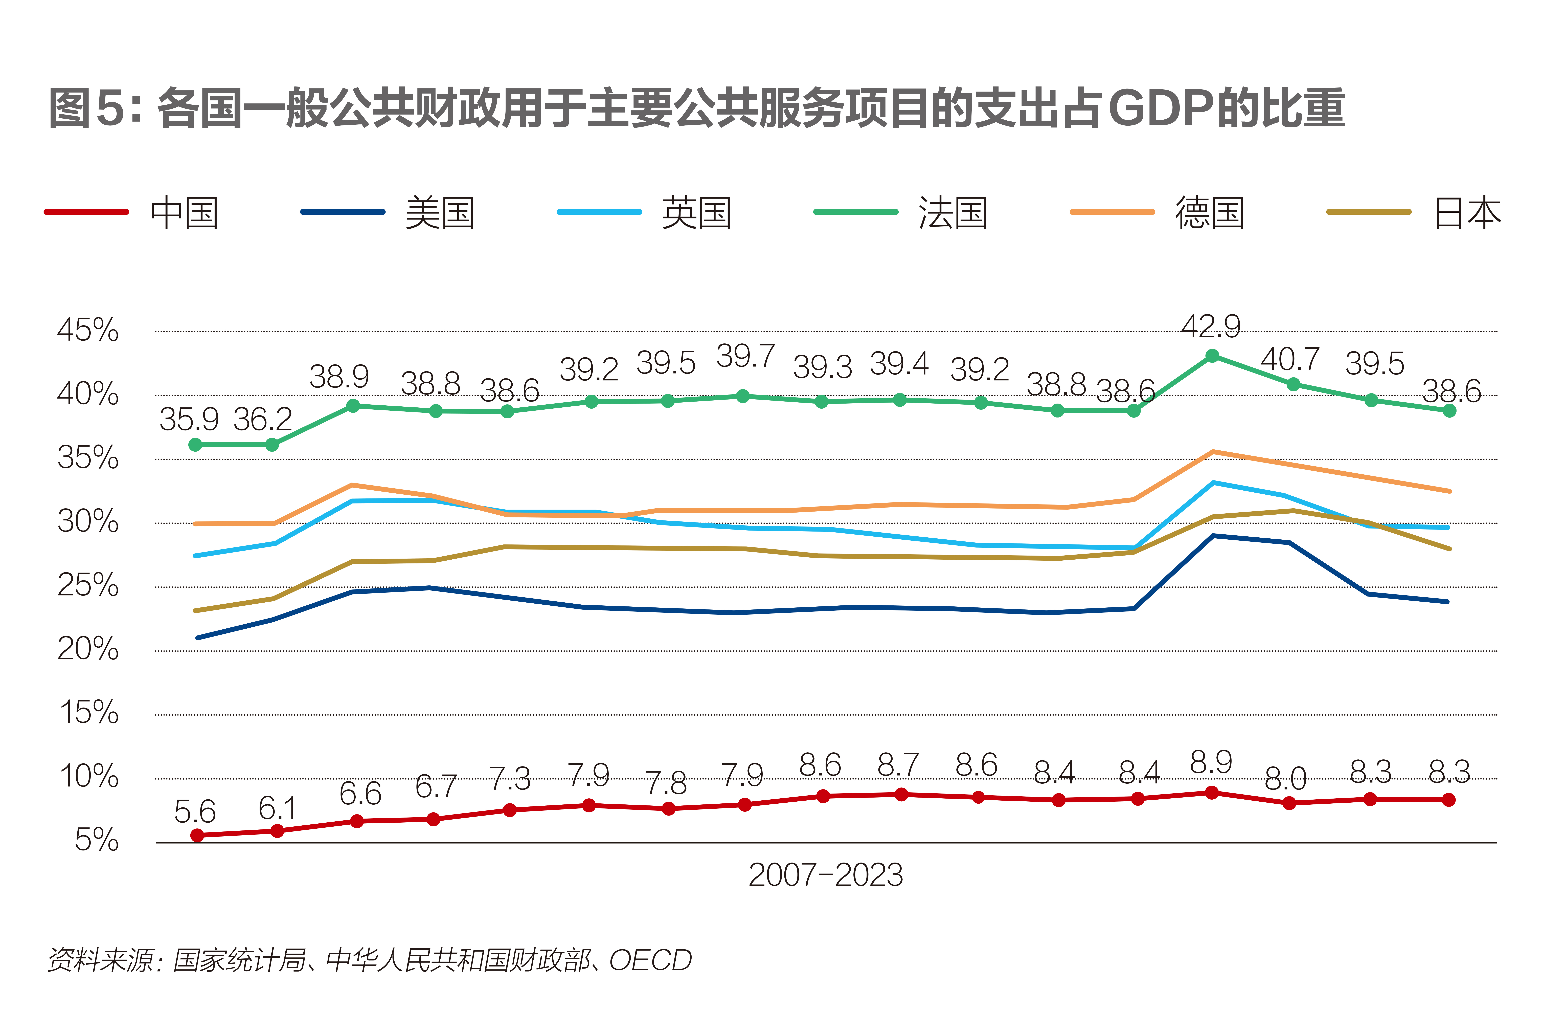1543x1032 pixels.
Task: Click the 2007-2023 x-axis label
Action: click(x=826, y=875)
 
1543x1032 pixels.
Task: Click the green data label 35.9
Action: click(x=189, y=419)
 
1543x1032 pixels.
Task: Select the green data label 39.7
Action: click(x=745, y=356)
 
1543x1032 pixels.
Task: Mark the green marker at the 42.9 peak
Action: click(x=1212, y=356)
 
